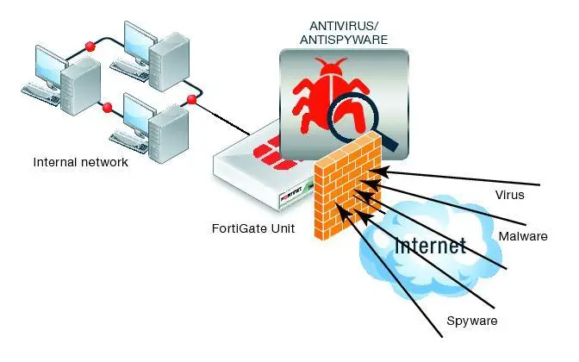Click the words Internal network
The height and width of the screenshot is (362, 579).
click(x=80, y=162)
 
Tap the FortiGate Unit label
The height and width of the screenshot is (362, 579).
click(x=253, y=228)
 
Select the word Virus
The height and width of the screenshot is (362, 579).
click(x=509, y=195)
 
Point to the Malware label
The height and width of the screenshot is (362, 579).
click(x=523, y=235)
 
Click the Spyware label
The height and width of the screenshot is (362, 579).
click(x=472, y=321)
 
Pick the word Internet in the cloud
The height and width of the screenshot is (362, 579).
click(x=431, y=246)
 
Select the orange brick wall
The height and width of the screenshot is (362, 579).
click(x=349, y=185)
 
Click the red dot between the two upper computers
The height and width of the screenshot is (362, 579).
click(x=89, y=45)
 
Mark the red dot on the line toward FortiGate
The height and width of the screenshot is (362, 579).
click(x=191, y=100)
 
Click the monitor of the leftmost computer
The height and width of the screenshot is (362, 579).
click(x=47, y=63)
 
